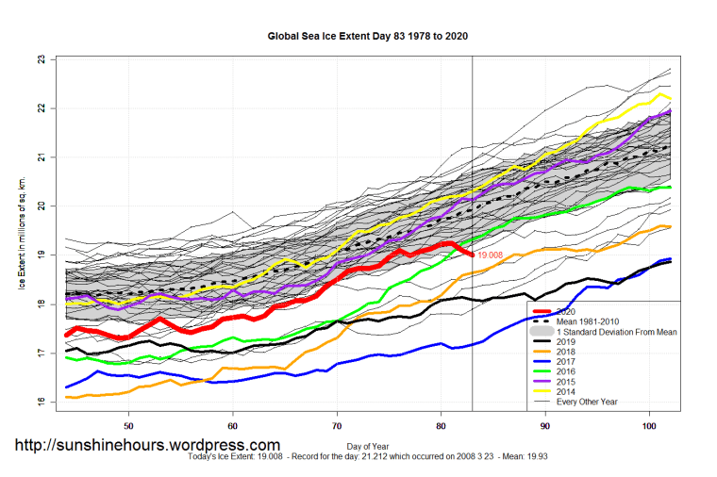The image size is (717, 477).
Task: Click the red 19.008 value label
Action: (x=490, y=255)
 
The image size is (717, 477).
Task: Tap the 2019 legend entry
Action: (x=569, y=342)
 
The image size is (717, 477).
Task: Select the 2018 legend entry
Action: (x=569, y=352)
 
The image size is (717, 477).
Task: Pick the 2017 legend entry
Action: (x=569, y=362)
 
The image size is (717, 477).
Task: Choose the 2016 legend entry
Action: (x=569, y=372)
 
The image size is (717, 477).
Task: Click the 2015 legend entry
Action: (x=569, y=382)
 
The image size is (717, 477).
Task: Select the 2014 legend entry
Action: (x=569, y=392)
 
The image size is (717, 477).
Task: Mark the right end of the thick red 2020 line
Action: (x=472, y=253)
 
